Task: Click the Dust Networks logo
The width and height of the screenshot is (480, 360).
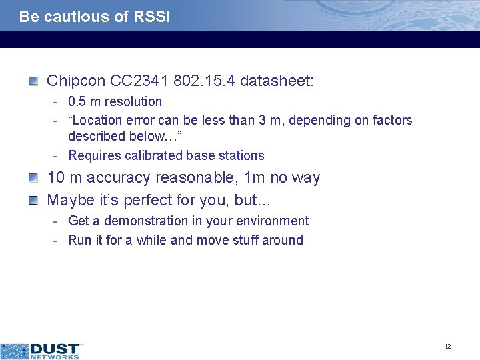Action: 41,350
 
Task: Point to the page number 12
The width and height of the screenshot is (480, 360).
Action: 447,346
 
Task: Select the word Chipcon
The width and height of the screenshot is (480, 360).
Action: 76,82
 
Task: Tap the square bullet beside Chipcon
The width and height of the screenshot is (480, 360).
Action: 33,81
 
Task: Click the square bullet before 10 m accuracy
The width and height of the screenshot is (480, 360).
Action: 33,178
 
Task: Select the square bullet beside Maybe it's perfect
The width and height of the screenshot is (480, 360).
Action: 33,200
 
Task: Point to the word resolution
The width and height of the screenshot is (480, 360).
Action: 131,101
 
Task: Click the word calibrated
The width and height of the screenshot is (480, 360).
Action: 148,155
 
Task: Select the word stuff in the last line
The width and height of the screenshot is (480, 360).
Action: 241,240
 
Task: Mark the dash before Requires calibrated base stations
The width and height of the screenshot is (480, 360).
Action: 57,155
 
